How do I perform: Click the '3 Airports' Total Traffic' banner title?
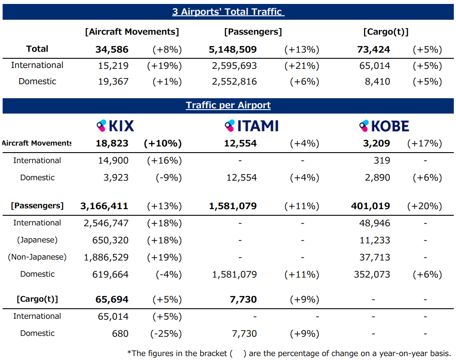coord(228,12)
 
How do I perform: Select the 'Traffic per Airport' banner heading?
coord(228,105)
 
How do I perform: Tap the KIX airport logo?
coord(115,126)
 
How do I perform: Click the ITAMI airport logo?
coord(251,126)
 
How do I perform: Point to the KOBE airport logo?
coord(384,126)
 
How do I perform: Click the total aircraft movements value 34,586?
coord(112,50)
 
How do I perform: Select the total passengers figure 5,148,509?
coord(233,50)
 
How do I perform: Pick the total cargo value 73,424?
coord(374,50)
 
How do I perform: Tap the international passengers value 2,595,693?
coord(234,66)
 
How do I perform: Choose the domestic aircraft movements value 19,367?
coord(113,82)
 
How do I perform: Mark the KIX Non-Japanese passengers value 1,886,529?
coord(106,257)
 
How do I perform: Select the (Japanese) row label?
coord(37,240)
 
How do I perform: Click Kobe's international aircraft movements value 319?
coord(382,160)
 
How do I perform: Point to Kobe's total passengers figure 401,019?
coord(371,206)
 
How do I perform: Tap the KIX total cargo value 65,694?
coord(112,300)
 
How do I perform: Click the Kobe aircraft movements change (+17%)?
coord(424,143)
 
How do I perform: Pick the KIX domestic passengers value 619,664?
coord(110,274)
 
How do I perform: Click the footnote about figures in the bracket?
coord(289,353)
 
